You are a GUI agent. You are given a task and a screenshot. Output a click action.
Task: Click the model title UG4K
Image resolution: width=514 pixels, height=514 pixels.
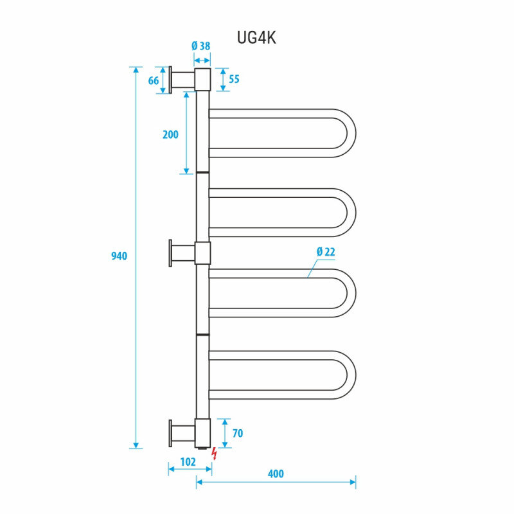(256, 38)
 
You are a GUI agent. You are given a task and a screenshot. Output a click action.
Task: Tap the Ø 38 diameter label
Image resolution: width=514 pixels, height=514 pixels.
(200, 46)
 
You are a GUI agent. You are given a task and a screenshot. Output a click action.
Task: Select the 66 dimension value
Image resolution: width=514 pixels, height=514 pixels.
(154, 81)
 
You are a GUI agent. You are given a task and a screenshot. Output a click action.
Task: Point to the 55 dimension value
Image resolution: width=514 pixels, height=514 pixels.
(234, 79)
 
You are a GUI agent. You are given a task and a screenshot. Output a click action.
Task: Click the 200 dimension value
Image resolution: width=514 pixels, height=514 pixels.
(170, 134)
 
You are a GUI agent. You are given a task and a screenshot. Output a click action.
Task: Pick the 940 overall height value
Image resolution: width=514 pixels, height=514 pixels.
(119, 256)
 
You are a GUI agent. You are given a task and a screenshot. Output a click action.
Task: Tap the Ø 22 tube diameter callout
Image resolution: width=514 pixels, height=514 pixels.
(326, 252)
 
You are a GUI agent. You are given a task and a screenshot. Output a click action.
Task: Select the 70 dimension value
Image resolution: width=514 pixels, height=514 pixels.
(238, 433)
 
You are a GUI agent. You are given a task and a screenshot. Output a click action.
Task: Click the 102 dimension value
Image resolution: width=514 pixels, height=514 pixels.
(188, 462)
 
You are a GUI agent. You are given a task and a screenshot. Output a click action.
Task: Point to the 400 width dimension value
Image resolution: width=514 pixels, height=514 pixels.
(276, 474)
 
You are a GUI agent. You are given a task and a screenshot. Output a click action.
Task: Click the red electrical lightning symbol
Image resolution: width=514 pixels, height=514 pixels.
(215, 454)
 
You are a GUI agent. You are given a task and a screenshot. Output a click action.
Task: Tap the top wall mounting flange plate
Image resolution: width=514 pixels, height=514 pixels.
(170, 80)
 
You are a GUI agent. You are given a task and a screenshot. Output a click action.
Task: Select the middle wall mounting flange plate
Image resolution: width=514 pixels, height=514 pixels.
(170, 253)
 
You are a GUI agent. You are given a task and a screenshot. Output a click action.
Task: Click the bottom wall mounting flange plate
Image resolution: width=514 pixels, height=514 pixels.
(170, 433)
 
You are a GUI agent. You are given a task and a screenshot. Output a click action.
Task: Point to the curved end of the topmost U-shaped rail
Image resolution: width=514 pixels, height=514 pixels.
(351, 133)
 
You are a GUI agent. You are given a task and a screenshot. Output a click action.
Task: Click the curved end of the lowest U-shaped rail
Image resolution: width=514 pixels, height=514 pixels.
(351, 375)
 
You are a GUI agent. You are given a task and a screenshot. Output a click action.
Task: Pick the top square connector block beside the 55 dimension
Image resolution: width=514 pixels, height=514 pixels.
(202, 80)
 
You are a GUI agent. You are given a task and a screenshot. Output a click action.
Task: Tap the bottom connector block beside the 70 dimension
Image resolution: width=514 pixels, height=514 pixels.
(202, 433)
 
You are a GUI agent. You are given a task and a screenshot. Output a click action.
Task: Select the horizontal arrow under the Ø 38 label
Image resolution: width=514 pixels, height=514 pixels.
(202, 60)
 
